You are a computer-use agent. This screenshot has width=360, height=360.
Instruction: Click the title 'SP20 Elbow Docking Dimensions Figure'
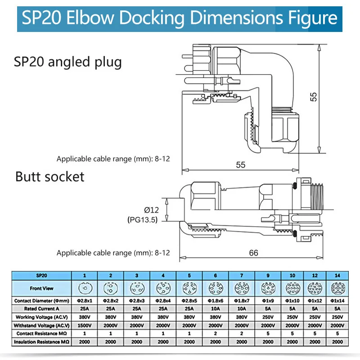[x=180, y=18]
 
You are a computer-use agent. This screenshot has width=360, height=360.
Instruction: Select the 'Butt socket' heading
[x=50, y=176]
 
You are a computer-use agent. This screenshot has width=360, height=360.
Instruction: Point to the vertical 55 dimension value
[x=314, y=97]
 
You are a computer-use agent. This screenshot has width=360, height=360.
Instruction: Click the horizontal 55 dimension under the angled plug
[x=241, y=165]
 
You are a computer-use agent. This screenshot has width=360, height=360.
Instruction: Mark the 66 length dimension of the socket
[x=254, y=253]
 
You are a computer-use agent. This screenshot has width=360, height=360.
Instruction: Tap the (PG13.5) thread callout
[x=142, y=221]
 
